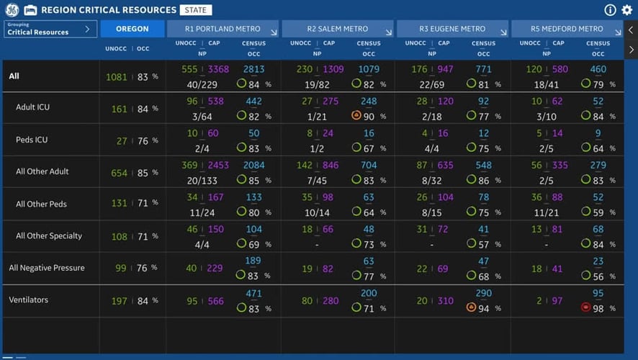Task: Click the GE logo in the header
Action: tap(12, 10)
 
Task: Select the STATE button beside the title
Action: tap(196, 10)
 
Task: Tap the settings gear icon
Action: tap(626, 10)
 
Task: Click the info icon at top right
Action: tap(610, 10)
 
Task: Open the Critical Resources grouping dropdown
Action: tap(50, 29)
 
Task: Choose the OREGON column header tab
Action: tap(132, 29)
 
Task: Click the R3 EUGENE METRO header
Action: tap(453, 29)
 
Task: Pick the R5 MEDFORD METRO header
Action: tap(567, 29)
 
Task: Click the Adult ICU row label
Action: tap(32, 108)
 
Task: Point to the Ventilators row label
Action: tap(28, 300)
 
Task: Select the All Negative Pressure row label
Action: tap(47, 268)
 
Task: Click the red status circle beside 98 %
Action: tap(586, 308)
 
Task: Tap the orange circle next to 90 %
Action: tap(356, 115)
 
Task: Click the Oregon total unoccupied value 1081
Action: tap(116, 77)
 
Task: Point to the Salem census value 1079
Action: tap(369, 70)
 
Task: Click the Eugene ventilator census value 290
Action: tap(483, 294)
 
